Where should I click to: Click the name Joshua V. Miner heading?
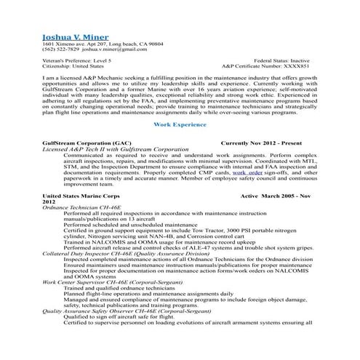point(76,37)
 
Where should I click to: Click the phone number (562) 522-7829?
point(60,51)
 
